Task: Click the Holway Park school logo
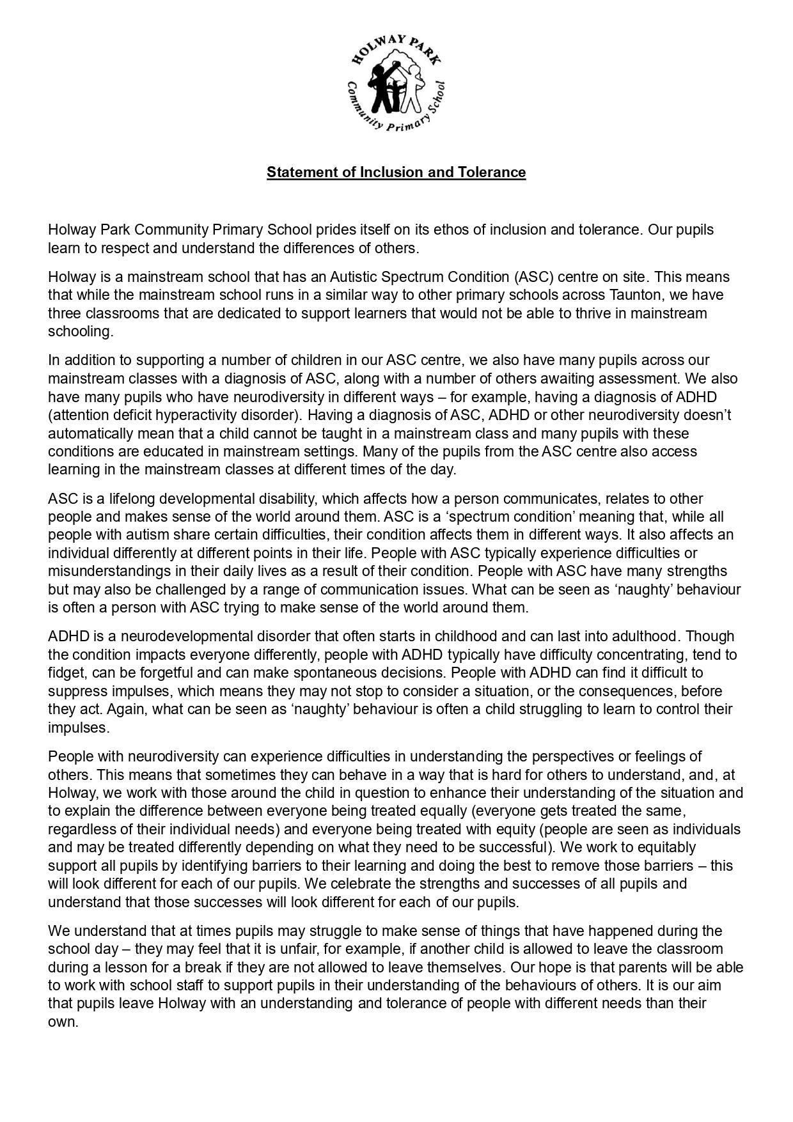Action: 396,82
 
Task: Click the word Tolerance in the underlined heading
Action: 492,172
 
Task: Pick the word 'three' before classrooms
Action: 65,313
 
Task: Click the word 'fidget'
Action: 66,673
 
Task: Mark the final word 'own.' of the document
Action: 63,1022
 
